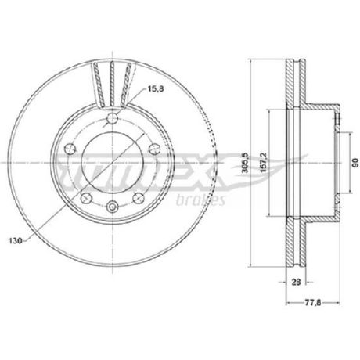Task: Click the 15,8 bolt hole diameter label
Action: point(156,89)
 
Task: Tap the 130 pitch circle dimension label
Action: point(16,241)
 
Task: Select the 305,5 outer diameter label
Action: point(245,163)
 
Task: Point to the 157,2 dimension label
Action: point(264,162)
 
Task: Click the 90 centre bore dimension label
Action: point(355,163)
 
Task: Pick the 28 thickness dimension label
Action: point(296,282)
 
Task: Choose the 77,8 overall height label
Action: point(313,303)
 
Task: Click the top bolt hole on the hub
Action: point(113,119)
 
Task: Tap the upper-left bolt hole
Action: point(70,149)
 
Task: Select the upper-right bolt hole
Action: point(154,149)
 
